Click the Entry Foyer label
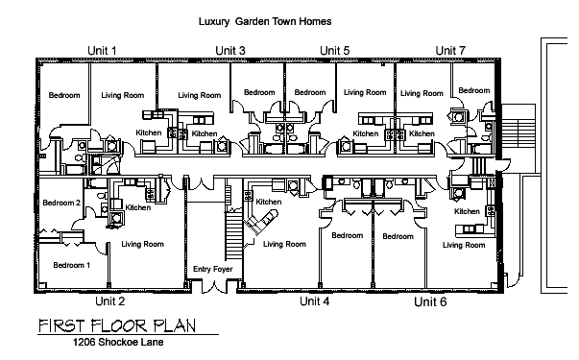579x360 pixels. click(x=213, y=269)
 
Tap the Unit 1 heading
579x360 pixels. click(x=102, y=51)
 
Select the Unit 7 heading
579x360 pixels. click(x=450, y=51)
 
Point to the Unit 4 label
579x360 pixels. click(x=315, y=301)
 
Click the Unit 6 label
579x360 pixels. click(x=430, y=302)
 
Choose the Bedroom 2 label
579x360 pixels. click(x=61, y=203)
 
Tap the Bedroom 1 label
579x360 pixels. click(x=72, y=265)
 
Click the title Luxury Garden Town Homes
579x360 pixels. click(x=265, y=21)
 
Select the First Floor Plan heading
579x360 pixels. click(x=117, y=325)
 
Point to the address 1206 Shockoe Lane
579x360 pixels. click(x=118, y=343)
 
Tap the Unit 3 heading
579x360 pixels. click(x=230, y=51)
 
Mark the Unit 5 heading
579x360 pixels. click(x=334, y=51)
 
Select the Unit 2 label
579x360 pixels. click(x=110, y=301)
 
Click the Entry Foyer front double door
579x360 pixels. click(x=214, y=286)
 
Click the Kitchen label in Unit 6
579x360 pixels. click(x=467, y=211)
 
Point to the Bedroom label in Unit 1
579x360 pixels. click(x=64, y=95)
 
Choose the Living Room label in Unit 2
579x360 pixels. click(x=142, y=244)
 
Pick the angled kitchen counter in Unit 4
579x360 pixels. click(x=261, y=222)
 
